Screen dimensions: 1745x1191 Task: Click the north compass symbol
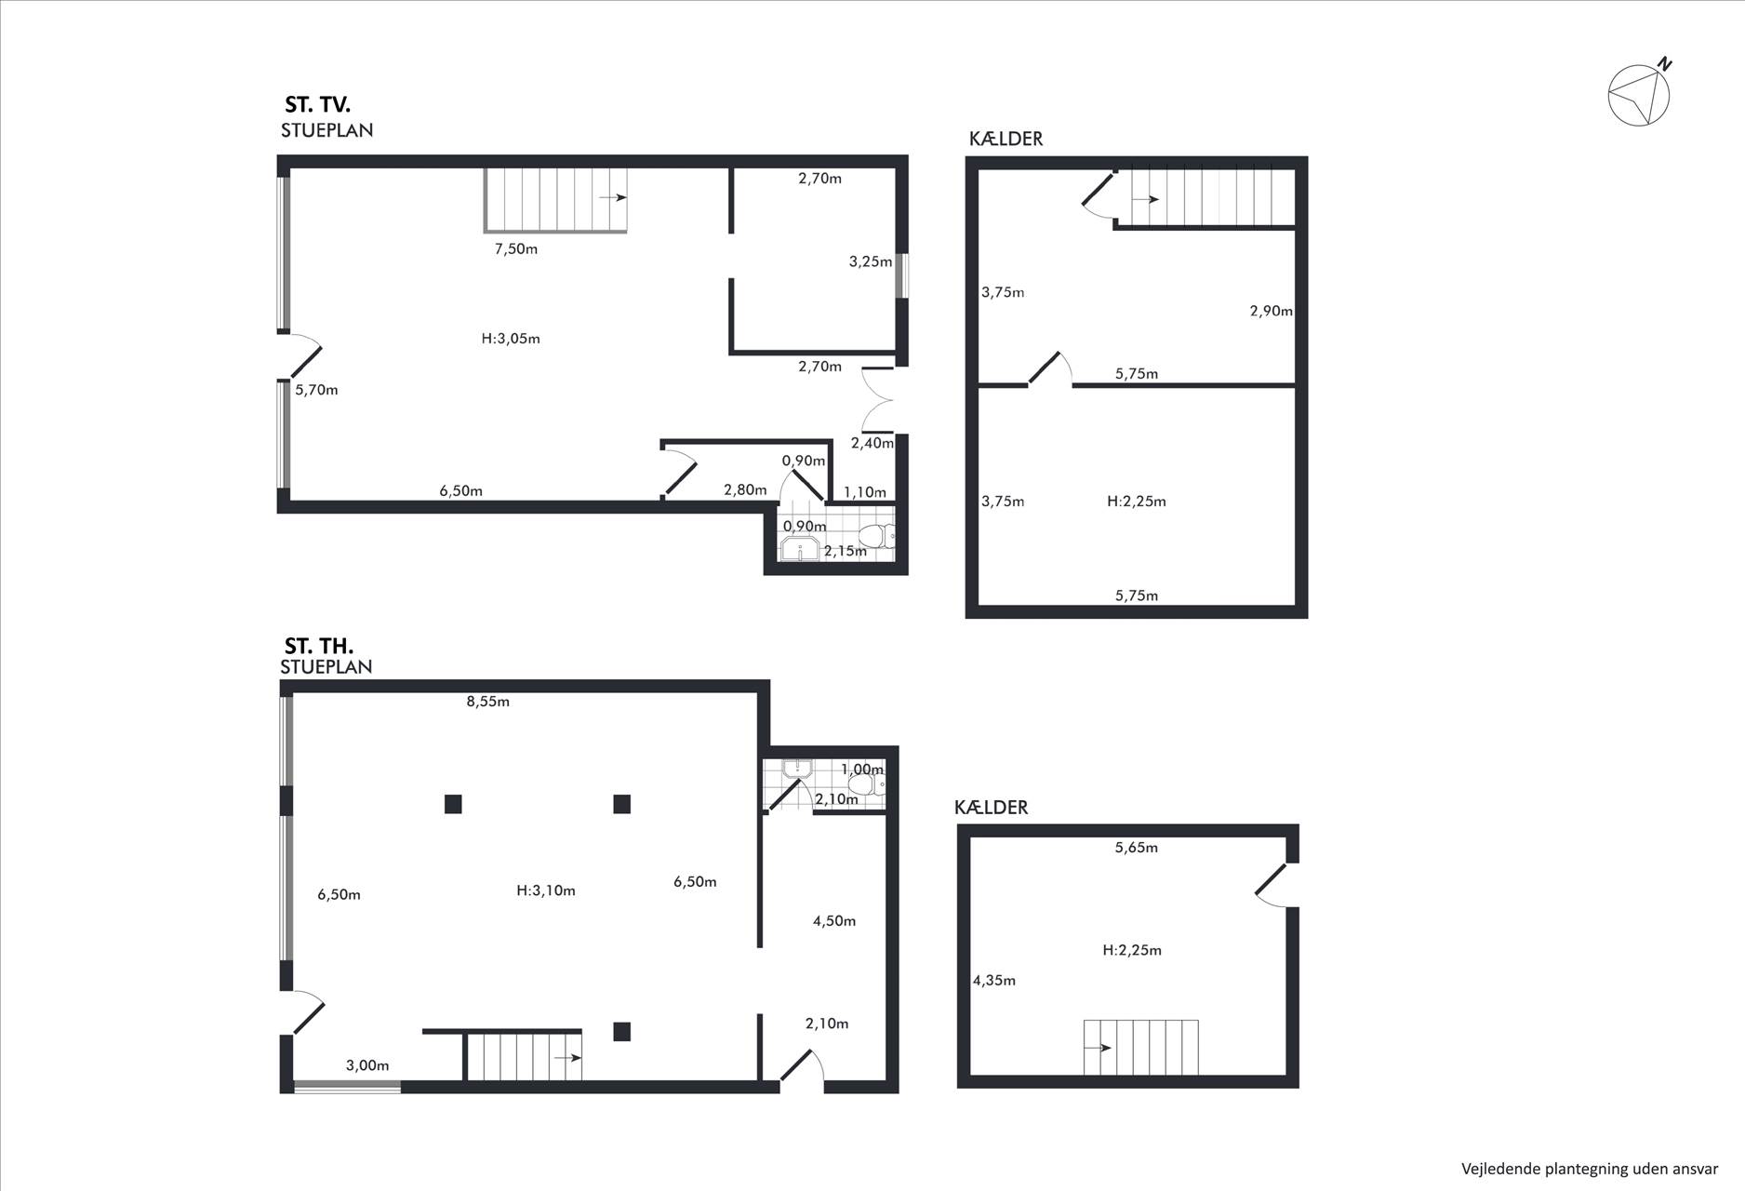coord(1640,93)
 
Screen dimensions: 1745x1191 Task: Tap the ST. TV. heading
coord(317,105)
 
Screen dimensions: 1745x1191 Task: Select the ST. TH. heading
coord(319,646)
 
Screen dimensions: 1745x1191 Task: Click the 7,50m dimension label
coord(516,248)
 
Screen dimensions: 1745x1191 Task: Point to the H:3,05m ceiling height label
coord(511,339)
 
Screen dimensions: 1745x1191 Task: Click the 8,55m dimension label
coord(488,702)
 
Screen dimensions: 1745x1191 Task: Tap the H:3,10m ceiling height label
coord(546,890)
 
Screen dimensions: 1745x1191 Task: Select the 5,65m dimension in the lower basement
coord(1137,848)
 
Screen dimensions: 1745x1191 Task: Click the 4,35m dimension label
coord(994,980)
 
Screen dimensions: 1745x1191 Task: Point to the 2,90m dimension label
coord(1272,311)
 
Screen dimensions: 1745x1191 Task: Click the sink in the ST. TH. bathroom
coord(797,769)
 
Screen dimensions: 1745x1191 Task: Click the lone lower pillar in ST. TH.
coord(622,1031)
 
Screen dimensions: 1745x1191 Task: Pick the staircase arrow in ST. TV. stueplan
coord(613,198)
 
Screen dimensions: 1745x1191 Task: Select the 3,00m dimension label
coord(367,1065)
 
